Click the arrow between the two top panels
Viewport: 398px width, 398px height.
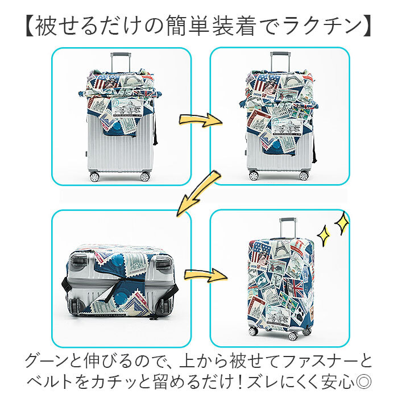click(x=200, y=120)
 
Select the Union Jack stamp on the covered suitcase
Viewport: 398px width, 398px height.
click(x=300, y=285)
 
